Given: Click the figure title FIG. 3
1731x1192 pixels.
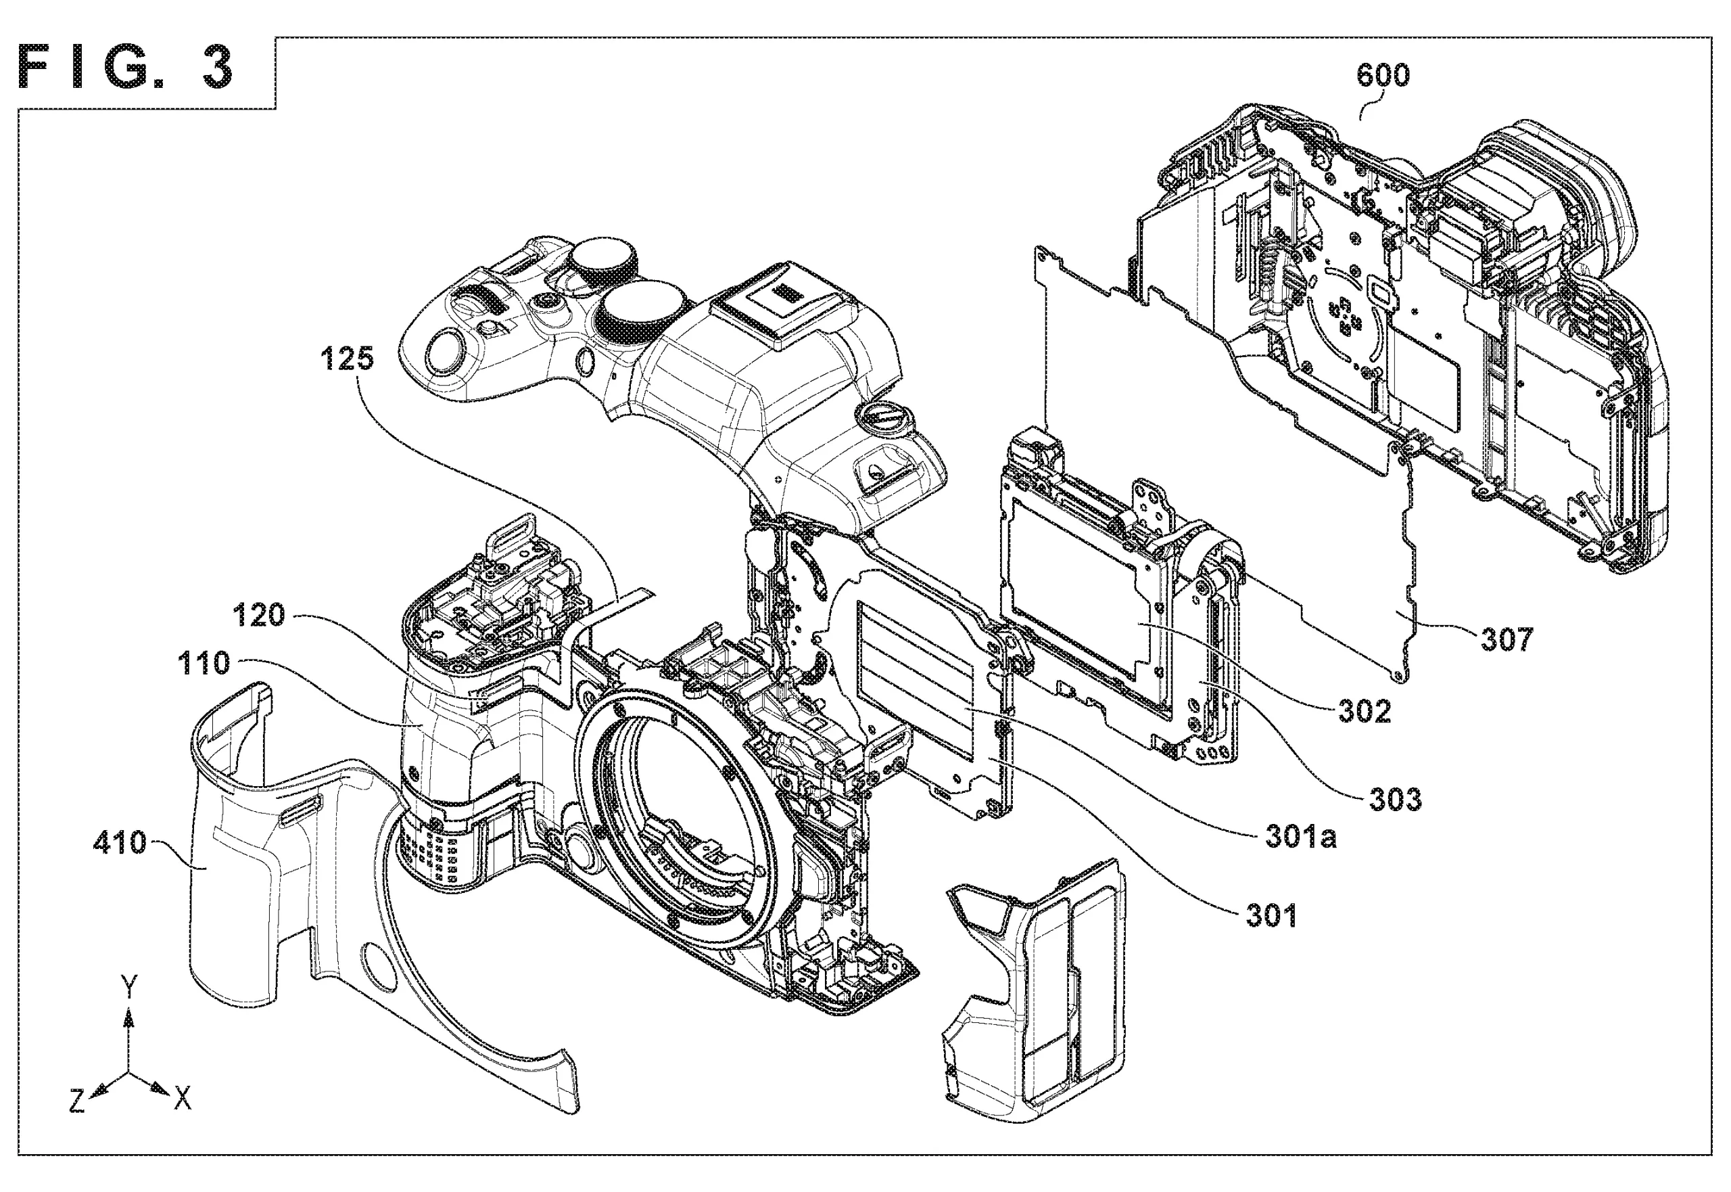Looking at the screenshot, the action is coord(125,68).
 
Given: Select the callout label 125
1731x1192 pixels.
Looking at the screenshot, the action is coord(347,359).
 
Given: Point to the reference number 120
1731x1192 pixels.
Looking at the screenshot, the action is coord(259,615).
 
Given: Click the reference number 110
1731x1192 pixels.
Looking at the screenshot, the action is coord(204,663).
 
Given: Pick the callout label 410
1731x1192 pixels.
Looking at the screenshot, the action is coord(120,842).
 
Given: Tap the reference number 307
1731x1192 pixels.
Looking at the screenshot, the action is coord(1507,639).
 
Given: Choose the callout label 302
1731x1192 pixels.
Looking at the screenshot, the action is coord(1365,712).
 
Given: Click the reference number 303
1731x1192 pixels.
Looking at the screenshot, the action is coord(1396,800).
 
